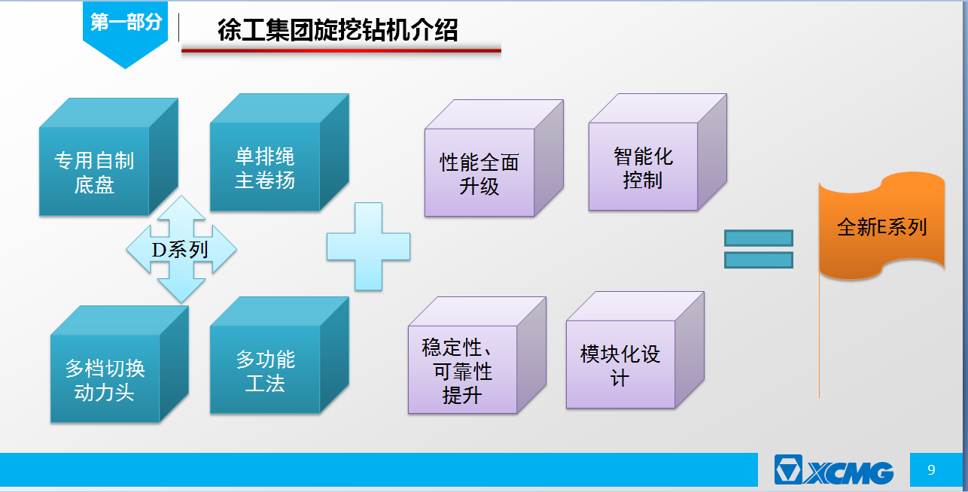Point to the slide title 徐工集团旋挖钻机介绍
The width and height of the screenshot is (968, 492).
pyautogui.click(x=337, y=30)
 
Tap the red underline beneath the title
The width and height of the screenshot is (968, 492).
pyautogui.click(x=341, y=51)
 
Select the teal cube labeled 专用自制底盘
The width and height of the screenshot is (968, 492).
pyautogui.click(x=108, y=156)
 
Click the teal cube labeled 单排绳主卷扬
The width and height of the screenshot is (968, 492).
pyautogui.click(x=279, y=153)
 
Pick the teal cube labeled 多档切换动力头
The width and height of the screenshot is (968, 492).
pyautogui.click(x=119, y=364)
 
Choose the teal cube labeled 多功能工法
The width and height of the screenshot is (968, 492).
pyautogui.click(x=279, y=355)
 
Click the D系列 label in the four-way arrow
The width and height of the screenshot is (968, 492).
pyautogui.click(x=180, y=250)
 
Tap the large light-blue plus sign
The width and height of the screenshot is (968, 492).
pyautogui.click(x=368, y=247)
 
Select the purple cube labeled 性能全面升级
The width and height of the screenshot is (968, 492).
pyautogui.click(x=494, y=158)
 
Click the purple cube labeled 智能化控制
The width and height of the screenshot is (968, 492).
pyautogui.click(x=658, y=152)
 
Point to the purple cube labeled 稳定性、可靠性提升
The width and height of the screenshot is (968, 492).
pyautogui.click(x=477, y=355)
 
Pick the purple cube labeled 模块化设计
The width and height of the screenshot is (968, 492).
pyautogui.click(x=635, y=350)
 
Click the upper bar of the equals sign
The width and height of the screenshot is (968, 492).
pyautogui.click(x=759, y=238)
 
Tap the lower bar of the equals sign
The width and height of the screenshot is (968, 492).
pyautogui.click(x=759, y=260)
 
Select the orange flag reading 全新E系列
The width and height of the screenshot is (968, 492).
pyautogui.click(x=881, y=226)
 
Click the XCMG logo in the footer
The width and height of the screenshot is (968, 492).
pyautogui.click(x=833, y=470)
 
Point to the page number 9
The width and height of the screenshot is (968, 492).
pyautogui.click(x=931, y=470)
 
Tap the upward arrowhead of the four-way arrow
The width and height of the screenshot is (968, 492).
pyautogui.click(x=181, y=208)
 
